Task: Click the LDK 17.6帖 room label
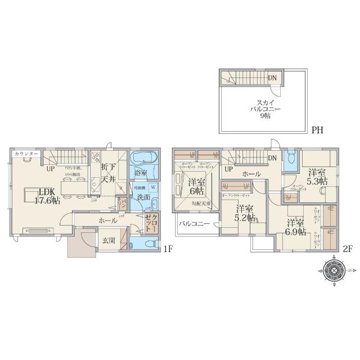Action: [35, 196]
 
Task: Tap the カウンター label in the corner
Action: [26, 154]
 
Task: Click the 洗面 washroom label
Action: [143, 197]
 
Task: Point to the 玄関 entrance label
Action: [110, 241]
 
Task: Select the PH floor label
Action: [317, 130]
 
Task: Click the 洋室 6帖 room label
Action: [196, 186]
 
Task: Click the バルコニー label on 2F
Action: [194, 224]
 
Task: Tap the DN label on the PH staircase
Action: [272, 78]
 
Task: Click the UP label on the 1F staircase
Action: [51, 168]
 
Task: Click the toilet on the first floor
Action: [146, 244]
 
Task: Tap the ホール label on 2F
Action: [251, 174]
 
